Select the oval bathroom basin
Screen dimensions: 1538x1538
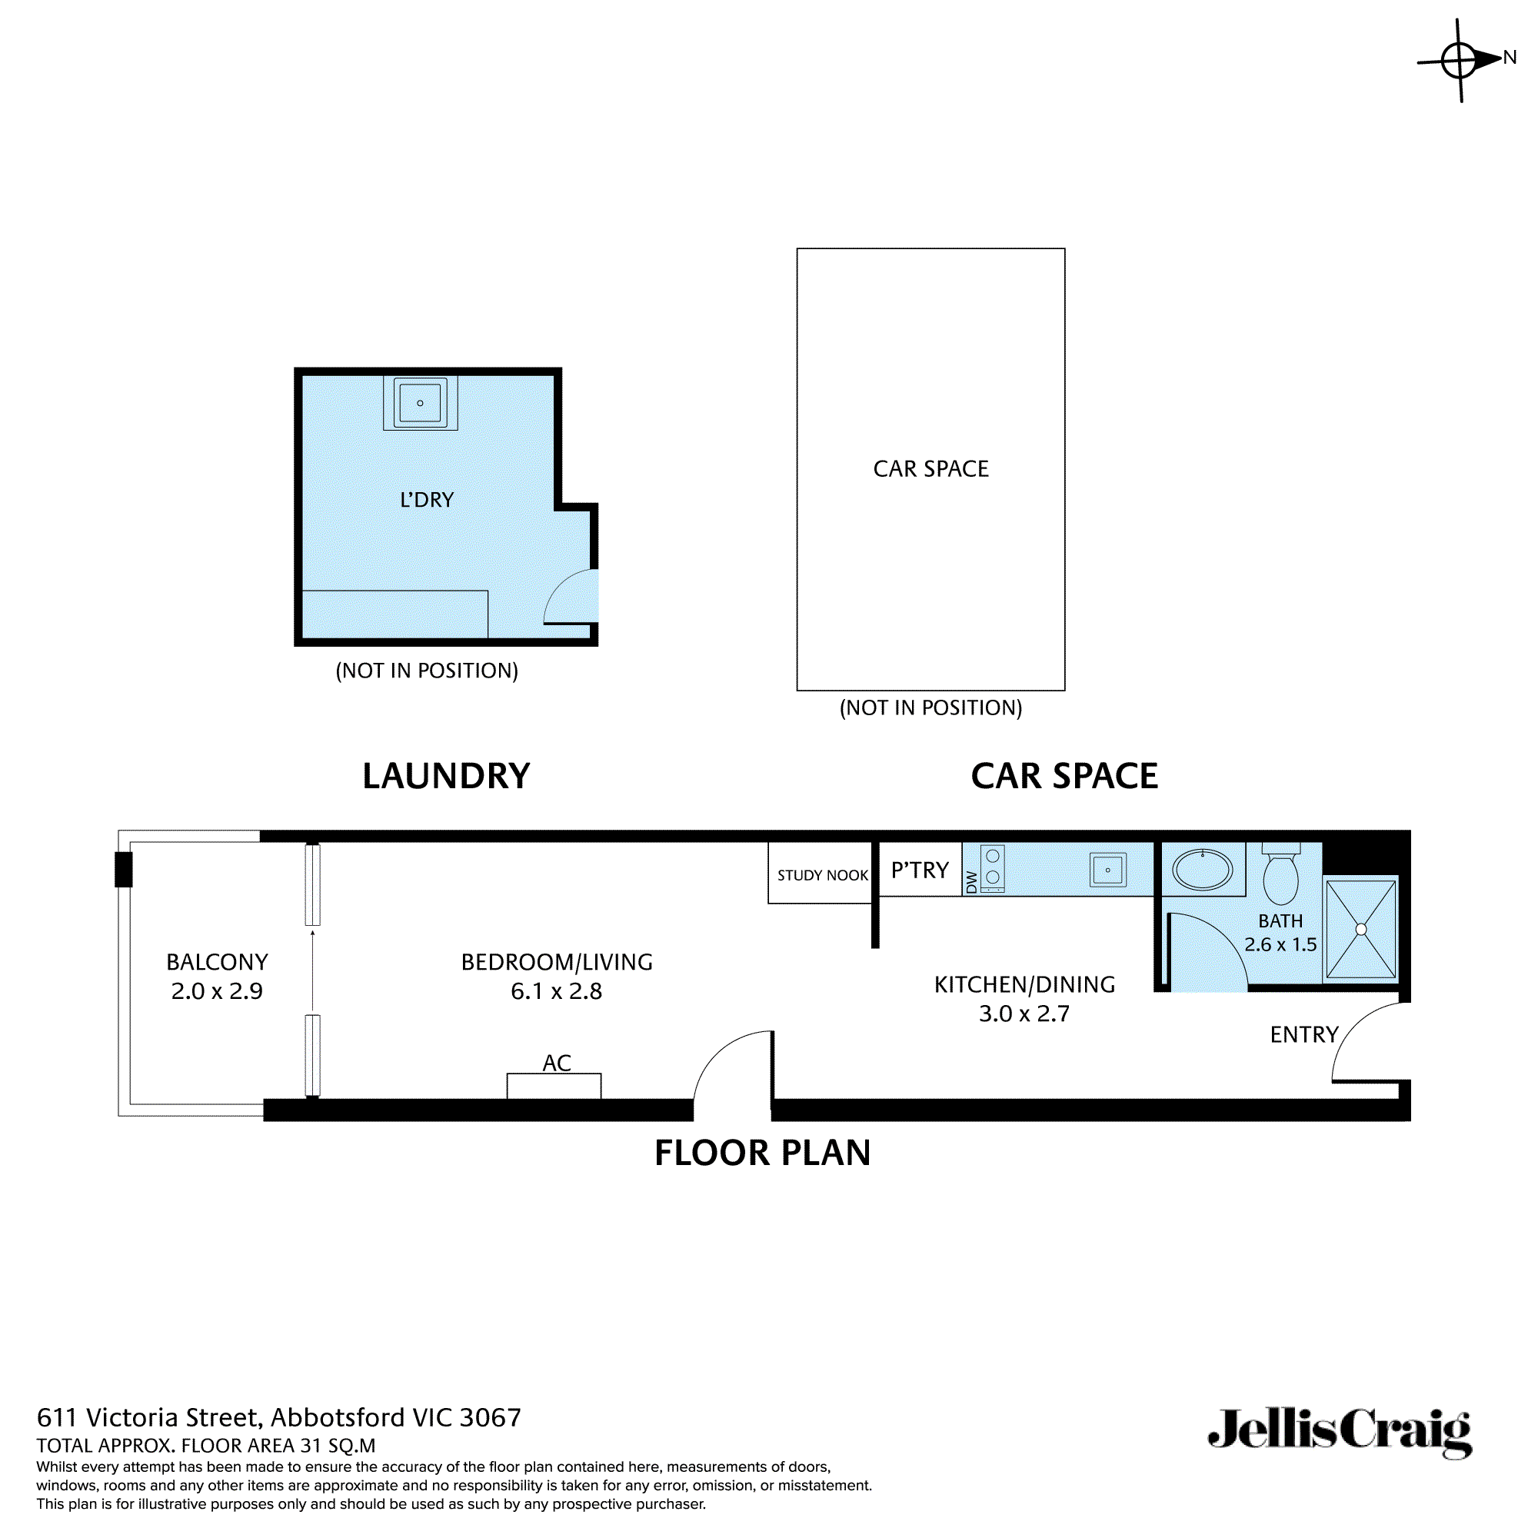[1203, 869]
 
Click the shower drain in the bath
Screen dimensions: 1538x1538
[1361, 930]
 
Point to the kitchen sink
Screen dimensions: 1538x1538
[1108, 870]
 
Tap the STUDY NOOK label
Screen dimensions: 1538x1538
[822, 876]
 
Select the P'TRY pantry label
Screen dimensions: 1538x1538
[920, 870]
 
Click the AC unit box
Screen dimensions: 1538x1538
[554, 1087]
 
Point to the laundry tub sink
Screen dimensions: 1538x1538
[421, 403]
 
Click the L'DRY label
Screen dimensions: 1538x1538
[427, 500]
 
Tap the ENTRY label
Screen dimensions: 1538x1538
[1304, 1035]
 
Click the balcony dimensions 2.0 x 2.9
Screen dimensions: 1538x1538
[217, 991]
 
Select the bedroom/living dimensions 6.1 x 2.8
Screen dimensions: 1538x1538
[557, 991]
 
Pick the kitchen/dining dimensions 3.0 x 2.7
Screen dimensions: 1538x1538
[1024, 1014]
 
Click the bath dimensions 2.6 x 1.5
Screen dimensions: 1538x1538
[1280, 945]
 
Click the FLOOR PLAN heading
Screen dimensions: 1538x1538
[763, 1153]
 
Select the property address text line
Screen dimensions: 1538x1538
[278, 1418]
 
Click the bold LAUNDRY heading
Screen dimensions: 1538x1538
[446, 776]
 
